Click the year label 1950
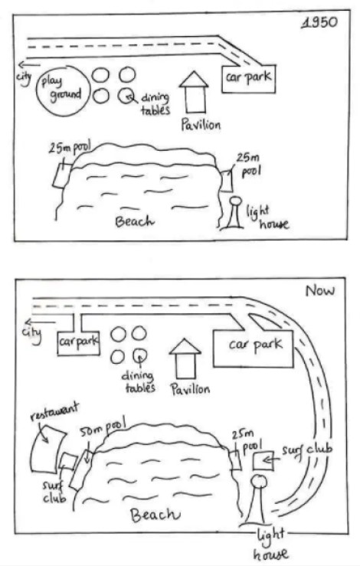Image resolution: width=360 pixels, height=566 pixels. click(320, 22)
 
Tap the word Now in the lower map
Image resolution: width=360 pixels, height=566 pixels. click(320, 290)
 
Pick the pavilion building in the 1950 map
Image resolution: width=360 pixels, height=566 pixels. click(195, 92)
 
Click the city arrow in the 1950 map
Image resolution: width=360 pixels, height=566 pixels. click(30, 65)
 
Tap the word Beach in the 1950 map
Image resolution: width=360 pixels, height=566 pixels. click(134, 221)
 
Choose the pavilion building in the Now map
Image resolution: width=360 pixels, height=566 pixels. click(185, 358)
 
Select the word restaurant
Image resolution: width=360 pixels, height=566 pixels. click(54, 411)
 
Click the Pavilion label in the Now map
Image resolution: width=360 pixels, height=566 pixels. click(190, 389)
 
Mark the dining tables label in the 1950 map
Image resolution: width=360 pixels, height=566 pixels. click(155, 103)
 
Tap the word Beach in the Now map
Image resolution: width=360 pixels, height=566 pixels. click(155, 515)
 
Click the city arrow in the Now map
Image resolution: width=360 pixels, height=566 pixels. click(40, 322)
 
